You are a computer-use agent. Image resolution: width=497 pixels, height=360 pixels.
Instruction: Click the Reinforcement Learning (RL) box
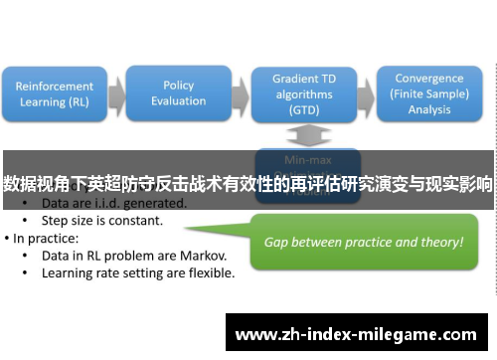56,93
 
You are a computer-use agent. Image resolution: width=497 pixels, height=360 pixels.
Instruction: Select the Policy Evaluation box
178,93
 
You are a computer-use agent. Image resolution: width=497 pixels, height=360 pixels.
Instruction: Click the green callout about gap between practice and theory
362,242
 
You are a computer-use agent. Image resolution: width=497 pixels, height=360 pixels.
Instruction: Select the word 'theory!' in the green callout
440,242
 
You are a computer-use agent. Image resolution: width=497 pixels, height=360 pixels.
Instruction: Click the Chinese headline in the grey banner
248,183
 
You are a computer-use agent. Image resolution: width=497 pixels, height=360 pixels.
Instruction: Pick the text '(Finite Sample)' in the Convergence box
428,93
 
